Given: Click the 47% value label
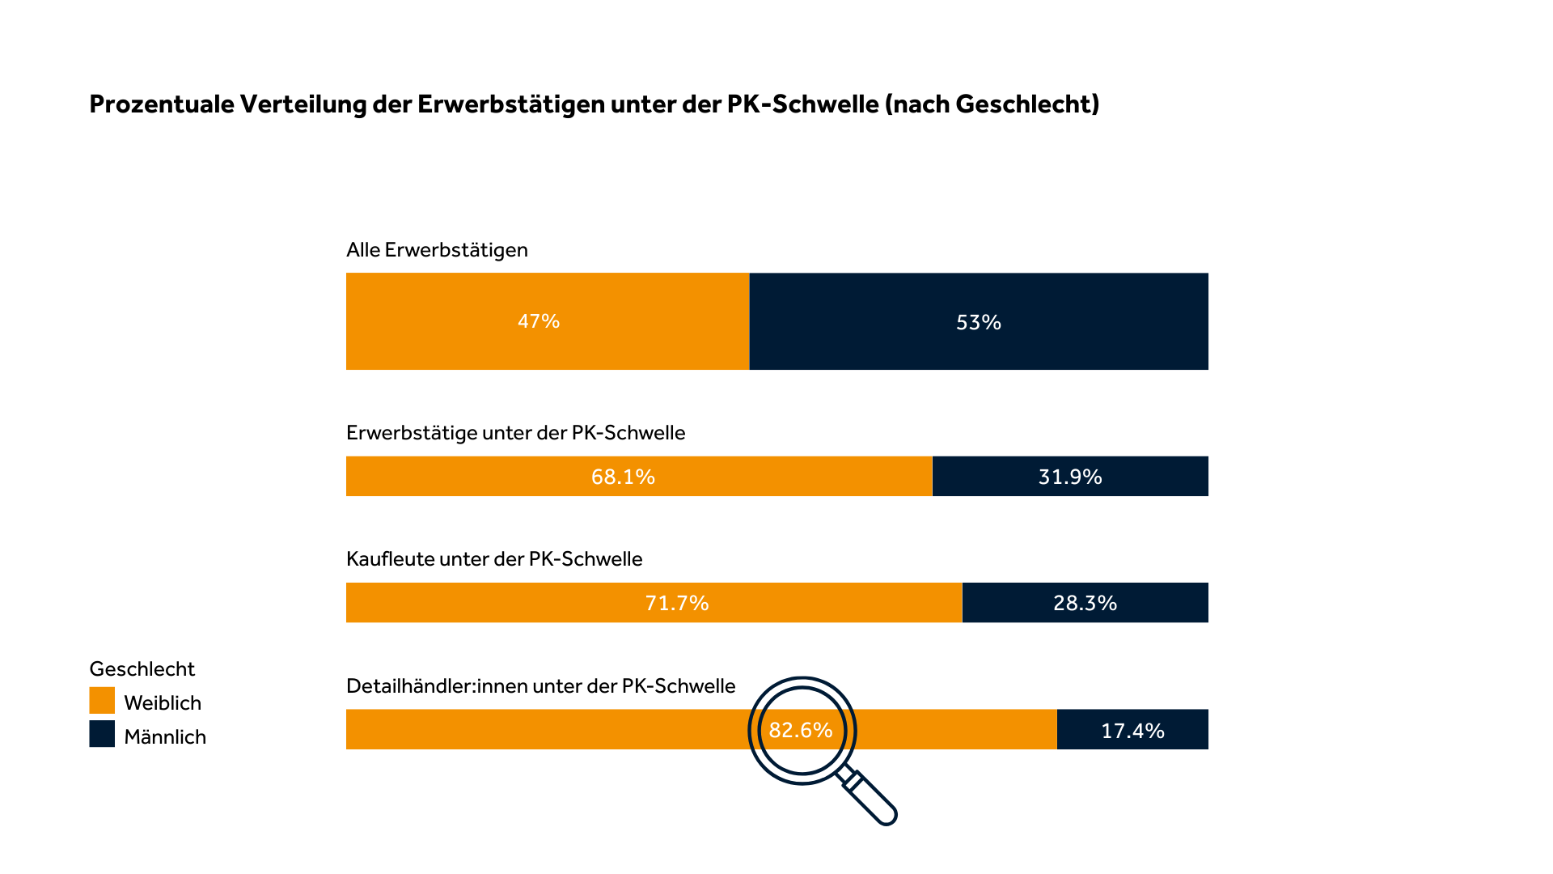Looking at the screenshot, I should point(539,321).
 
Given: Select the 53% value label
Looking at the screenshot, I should point(979,322).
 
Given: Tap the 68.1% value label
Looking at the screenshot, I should point(623,477).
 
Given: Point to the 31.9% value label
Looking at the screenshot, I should point(1070,477).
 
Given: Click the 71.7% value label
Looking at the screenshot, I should point(677,603).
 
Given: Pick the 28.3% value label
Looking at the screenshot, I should point(1085,603).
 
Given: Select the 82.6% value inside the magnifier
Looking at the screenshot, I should point(801,730).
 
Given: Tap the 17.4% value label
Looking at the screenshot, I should point(1132,731).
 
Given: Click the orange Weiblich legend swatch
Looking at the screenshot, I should point(102,701).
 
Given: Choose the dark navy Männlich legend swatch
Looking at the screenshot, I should point(102,734).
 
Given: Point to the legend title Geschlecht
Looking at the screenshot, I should point(142,669).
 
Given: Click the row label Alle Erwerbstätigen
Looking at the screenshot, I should point(437,250).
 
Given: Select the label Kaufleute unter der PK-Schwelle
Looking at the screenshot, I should point(494,559).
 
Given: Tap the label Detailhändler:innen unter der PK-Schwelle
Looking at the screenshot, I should point(540,686).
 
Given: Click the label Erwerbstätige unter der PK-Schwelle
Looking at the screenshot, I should point(515,433).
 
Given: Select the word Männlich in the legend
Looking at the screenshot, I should point(165,737).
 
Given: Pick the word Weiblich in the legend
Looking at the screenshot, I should point(163,703).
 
